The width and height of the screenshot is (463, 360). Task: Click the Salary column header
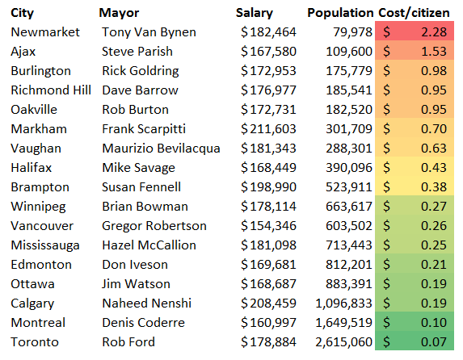(x=255, y=13)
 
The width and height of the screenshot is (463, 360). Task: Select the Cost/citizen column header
(x=414, y=13)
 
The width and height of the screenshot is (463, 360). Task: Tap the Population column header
(x=340, y=13)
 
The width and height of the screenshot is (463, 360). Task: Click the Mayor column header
(x=119, y=13)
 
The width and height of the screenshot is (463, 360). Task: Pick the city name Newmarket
(x=45, y=32)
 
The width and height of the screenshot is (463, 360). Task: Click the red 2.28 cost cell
(x=415, y=32)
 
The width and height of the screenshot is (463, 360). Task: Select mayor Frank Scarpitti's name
(x=144, y=129)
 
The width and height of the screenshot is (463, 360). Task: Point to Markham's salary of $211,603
(x=268, y=129)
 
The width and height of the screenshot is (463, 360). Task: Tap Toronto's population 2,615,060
(x=343, y=342)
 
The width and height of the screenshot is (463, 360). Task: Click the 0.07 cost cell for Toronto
(x=415, y=342)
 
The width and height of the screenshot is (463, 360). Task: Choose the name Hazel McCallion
(x=149, y=245)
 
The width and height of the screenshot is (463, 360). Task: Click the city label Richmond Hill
(x=51, y=90)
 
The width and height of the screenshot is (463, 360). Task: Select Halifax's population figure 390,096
(x=349, y=168)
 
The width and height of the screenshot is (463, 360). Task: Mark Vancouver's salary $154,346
(x=268, y=226)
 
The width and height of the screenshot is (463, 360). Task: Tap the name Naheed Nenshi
(x=147, y=303)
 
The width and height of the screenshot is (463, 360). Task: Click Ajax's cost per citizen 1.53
(x=415, y=52)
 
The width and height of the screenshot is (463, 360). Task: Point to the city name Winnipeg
(x=38, y=207)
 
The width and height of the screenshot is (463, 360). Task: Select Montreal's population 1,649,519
(x=343, y=323)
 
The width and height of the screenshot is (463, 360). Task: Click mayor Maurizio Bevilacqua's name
(x=161, y=149)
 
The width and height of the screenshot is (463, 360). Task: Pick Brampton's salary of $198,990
(x=268, y=187)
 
